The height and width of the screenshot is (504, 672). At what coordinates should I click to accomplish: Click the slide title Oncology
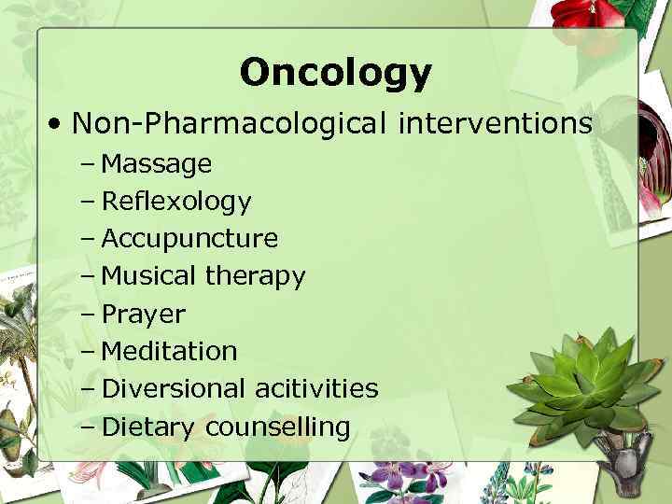[335, 72]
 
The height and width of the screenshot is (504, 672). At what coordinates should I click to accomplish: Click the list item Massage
[156, 165]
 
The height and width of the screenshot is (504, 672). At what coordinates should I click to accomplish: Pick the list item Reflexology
[175, 202]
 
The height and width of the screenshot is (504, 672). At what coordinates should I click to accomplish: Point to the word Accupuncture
[189, 239]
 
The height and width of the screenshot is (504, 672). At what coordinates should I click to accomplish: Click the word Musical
[148, 276]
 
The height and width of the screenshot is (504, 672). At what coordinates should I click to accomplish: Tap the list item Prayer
[143, 315]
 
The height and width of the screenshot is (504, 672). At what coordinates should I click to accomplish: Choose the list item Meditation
[169, 351]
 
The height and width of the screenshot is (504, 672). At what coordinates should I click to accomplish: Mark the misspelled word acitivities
[315, 388]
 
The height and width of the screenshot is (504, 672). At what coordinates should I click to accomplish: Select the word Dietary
[148, 427]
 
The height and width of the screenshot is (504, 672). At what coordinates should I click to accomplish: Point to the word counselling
[277, 427]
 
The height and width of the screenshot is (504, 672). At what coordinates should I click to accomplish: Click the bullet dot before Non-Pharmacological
[58, 123]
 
